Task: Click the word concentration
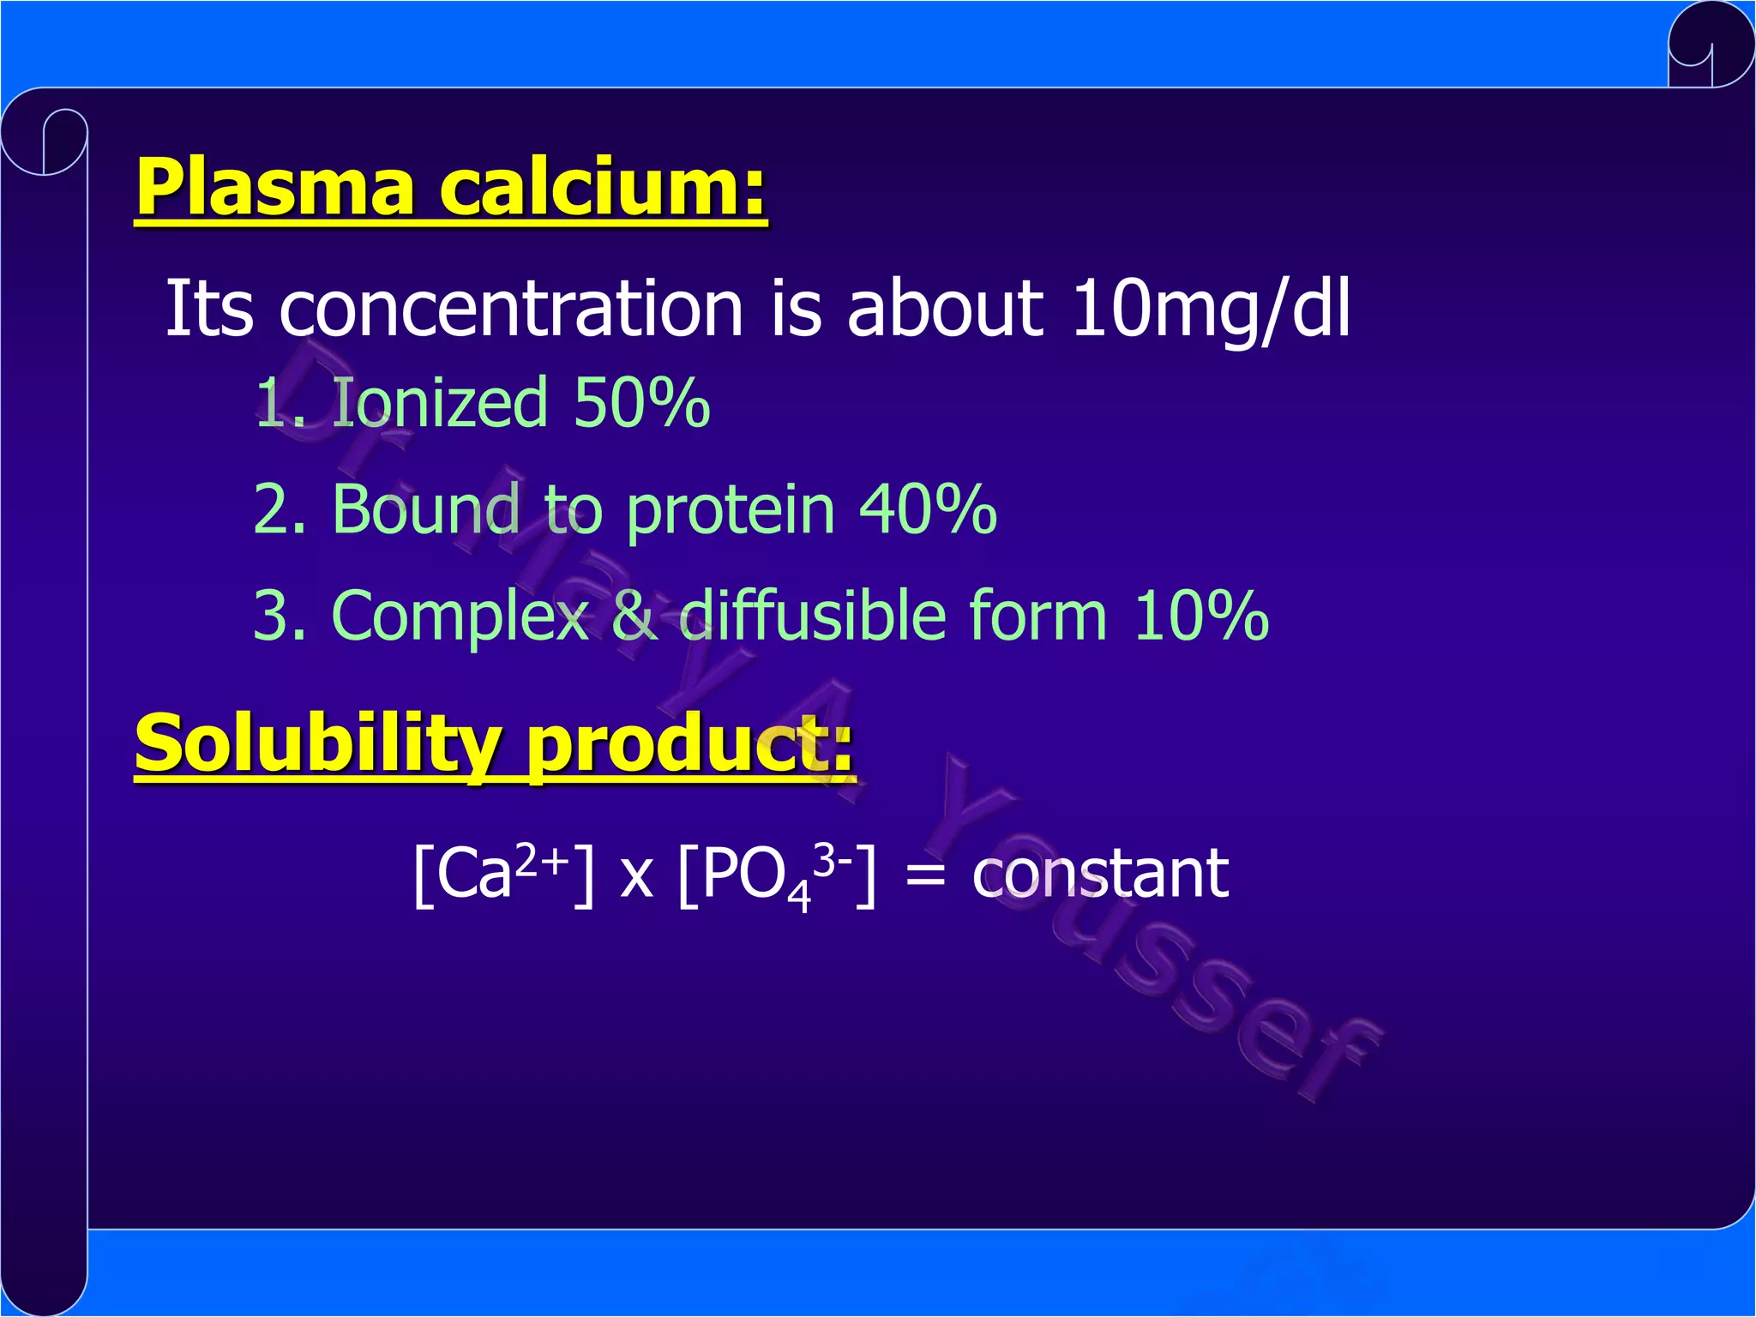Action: click(x=511, y=309)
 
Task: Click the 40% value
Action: click(x=928, y=509)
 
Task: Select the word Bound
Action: click(x=425, y=509)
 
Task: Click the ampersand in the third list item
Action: click(x=634, y=616)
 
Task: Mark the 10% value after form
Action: click(x=1200, y=616)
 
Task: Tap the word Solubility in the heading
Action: click(x=317, y=744)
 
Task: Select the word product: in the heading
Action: click(x=689, y=744)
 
